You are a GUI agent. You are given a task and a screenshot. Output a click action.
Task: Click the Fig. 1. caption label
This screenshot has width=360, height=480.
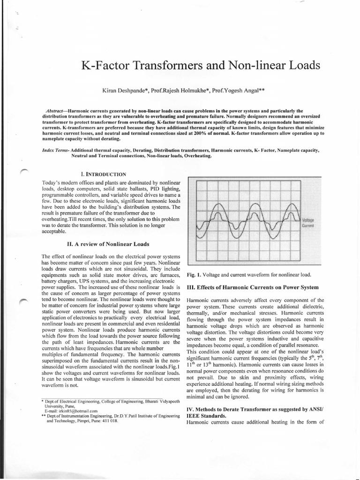click(x=194, y=274)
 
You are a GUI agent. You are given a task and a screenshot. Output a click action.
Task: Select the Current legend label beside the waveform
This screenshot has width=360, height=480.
click(x=308, y=225)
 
